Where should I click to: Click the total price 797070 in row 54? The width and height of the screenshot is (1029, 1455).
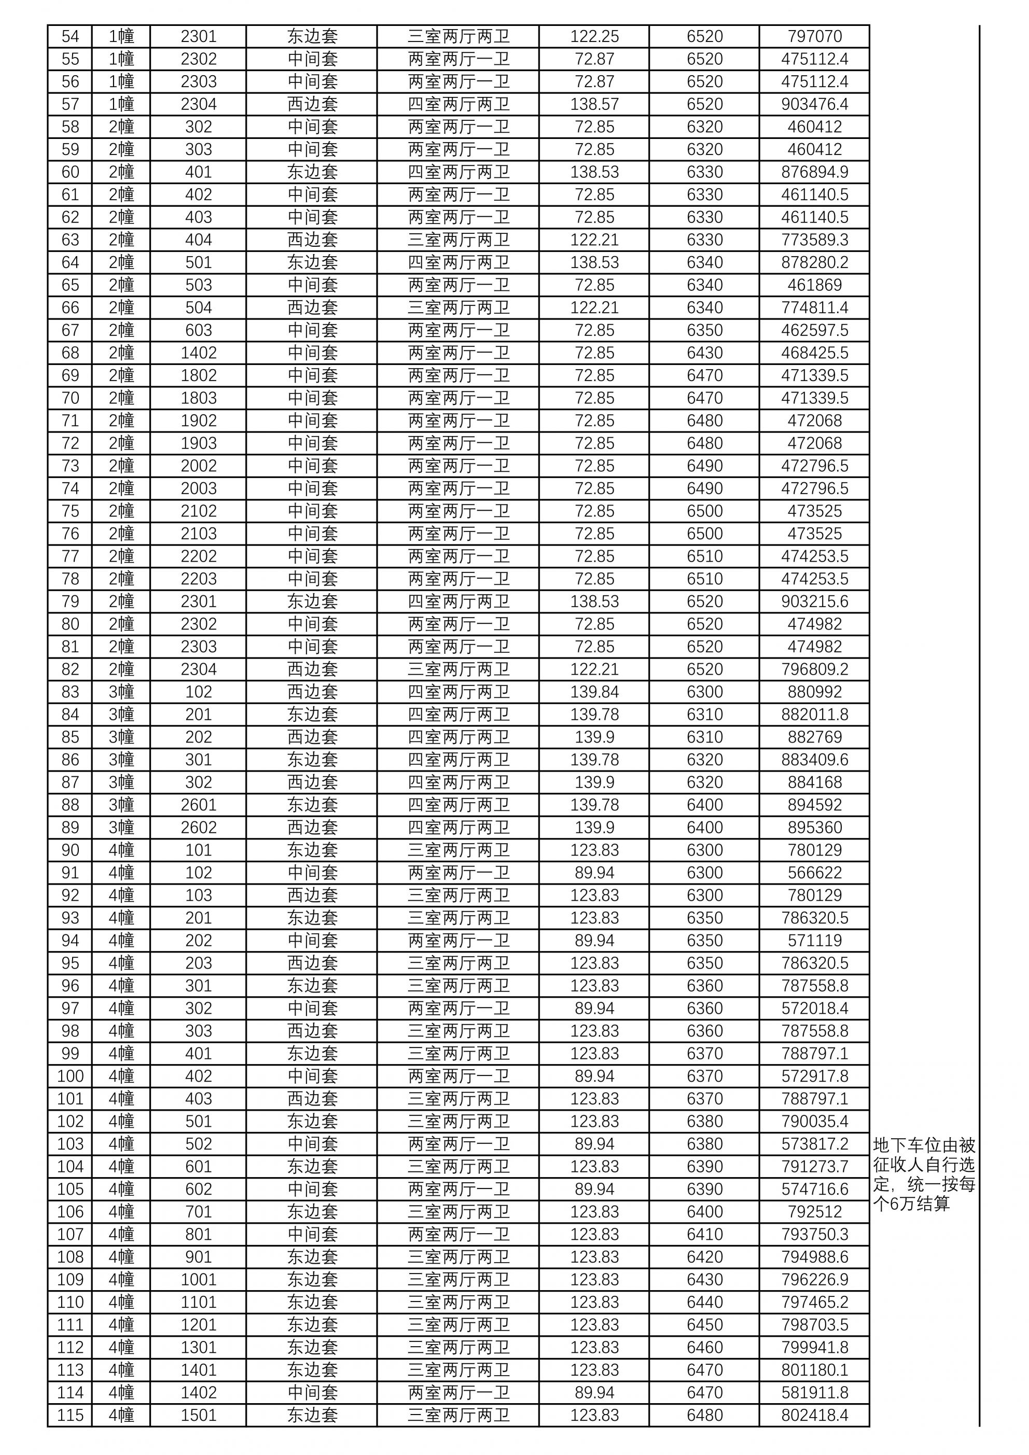click(814, 37)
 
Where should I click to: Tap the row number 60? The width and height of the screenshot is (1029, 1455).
click(71, 172)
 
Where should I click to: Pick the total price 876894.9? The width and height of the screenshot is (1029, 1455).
click(814, 172)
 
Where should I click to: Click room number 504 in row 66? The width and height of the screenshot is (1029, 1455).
click(199, 308)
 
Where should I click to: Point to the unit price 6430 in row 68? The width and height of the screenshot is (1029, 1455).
click(704, 353)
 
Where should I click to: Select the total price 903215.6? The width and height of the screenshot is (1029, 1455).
click(814, 601)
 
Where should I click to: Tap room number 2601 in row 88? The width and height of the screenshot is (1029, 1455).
click(199, 805)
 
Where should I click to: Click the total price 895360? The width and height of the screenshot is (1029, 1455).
click(814, 828)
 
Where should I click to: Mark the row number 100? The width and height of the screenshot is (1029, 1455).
click(71, 1076)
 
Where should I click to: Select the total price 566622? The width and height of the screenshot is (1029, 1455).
click(814, 873)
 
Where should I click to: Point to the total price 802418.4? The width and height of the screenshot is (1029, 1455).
click(814, 1415)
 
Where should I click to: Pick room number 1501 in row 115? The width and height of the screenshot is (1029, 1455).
click(199, 1415)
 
